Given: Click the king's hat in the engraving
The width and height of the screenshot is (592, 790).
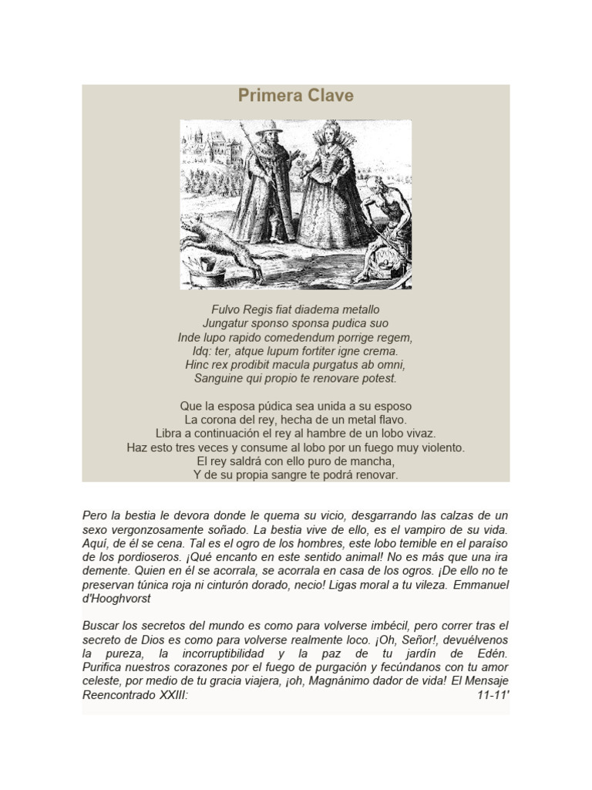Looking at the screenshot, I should pyautogui.click(x=268, y=128).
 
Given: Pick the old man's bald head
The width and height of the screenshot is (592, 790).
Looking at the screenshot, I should pyautogui.click(x=375, y=184).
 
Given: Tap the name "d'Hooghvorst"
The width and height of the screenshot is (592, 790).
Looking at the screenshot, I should pyautogui.click(x=117, y=599).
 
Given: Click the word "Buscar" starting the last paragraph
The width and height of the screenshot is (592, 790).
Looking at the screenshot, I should pyautogui.click(x=101, y=626).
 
